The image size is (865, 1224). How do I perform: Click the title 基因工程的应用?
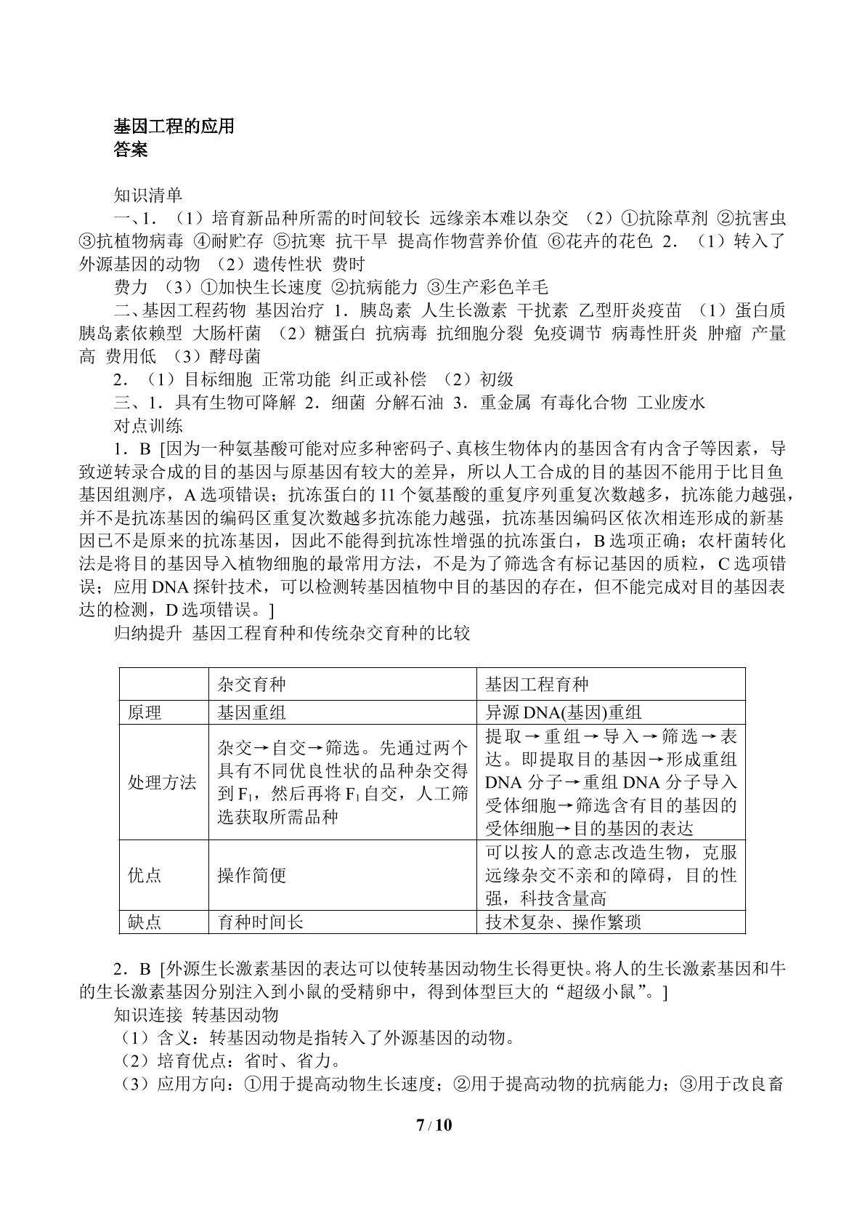click(174, 126)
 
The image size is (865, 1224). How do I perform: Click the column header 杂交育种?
click(251, 685)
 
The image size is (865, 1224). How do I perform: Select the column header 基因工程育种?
click(537, 685)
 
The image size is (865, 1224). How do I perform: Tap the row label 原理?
click(145, 712)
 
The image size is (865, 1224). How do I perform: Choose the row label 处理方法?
click(162, 782)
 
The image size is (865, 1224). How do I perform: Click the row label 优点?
click(145, 875)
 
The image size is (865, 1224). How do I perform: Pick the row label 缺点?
click(145, 922)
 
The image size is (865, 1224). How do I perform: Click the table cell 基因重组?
click(251, 712)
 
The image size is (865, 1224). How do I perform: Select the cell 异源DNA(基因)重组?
click(563, 712)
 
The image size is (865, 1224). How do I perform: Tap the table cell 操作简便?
click(251, 875)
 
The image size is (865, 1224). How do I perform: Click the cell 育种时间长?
click(260, 922)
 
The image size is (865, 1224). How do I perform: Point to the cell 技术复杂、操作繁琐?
click(563, 922)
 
